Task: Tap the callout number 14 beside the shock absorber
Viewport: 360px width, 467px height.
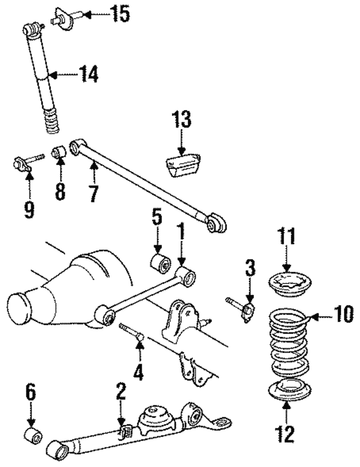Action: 88,74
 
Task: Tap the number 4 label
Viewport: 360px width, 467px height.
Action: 139,372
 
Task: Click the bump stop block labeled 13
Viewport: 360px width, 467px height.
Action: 182,164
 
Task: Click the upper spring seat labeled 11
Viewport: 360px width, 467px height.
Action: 290,285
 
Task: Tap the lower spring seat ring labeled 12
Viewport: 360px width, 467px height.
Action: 290,390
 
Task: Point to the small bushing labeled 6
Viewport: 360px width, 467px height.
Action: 33,437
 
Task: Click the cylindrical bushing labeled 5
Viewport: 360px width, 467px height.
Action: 160,263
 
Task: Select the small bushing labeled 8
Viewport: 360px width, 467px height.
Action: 59,152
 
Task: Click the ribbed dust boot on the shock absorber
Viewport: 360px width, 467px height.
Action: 52,120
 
